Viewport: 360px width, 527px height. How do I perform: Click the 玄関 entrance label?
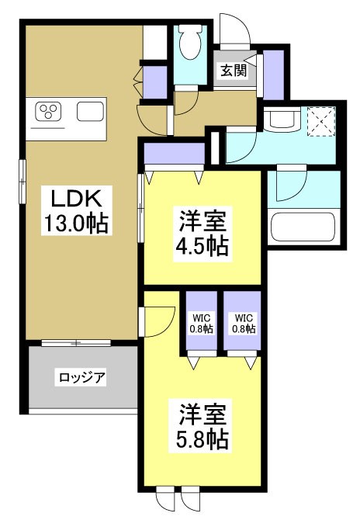point(233,71)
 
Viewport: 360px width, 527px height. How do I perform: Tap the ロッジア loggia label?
point(81,378)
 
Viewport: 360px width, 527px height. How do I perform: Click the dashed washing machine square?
point(319,121)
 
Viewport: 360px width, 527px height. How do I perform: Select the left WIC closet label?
point(200,323)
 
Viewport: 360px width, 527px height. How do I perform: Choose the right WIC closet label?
point(244,323)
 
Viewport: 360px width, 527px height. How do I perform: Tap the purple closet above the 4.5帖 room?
point(174,154)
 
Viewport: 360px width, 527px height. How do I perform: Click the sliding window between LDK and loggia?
point(75,342)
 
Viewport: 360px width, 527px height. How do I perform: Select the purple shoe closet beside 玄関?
point(274,73)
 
